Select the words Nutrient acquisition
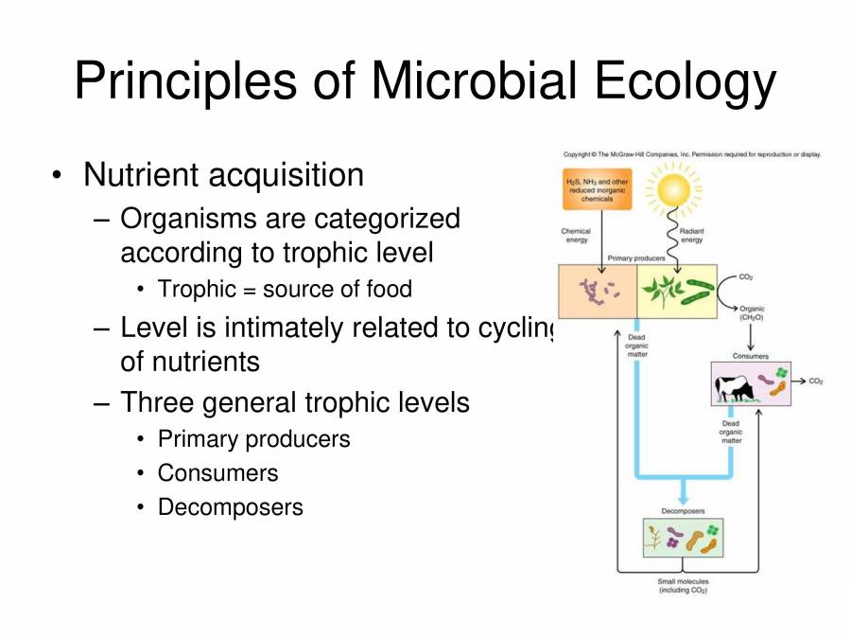click(223, 175)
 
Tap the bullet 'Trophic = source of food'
click(285, 289)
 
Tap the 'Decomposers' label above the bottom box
click(683, 511)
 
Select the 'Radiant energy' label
click(691, 236)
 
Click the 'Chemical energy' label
click(576, 236)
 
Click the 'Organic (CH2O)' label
click(753, 313)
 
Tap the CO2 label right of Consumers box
click(816, 381)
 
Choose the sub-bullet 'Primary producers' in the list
click(253, 439)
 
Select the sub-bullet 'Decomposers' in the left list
click(230, 507)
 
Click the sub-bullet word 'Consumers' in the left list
click(217, 473)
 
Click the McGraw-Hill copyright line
click(692, 153)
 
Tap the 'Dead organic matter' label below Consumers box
click(731, 433)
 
